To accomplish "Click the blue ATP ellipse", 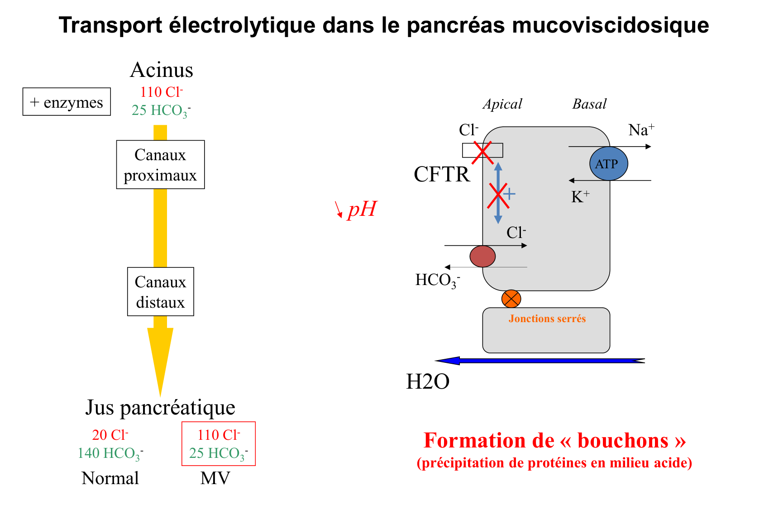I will coord(608,164).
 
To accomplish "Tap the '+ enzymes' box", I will coord(67,102).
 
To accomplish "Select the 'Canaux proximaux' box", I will coord(160,165).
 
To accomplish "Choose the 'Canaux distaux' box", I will coord(160,292).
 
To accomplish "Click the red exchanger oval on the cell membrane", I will coord(482,257).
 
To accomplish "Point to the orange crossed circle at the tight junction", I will coord(511,299).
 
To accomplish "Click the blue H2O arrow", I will coord(539,361).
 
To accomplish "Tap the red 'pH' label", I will coord(362,209).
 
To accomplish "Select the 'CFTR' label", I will coord(442,174).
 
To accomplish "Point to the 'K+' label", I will coord(580,197).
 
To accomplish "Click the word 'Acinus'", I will coord(162,70).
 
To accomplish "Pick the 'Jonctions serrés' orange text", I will coord(547,319).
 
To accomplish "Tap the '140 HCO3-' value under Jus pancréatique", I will coord(110,453).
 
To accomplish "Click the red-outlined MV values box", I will coord(219,443).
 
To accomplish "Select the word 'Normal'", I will coord(110,478).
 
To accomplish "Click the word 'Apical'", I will coord(502,104).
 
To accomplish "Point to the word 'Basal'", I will coord(589,104).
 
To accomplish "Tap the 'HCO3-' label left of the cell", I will coord(437,281).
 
